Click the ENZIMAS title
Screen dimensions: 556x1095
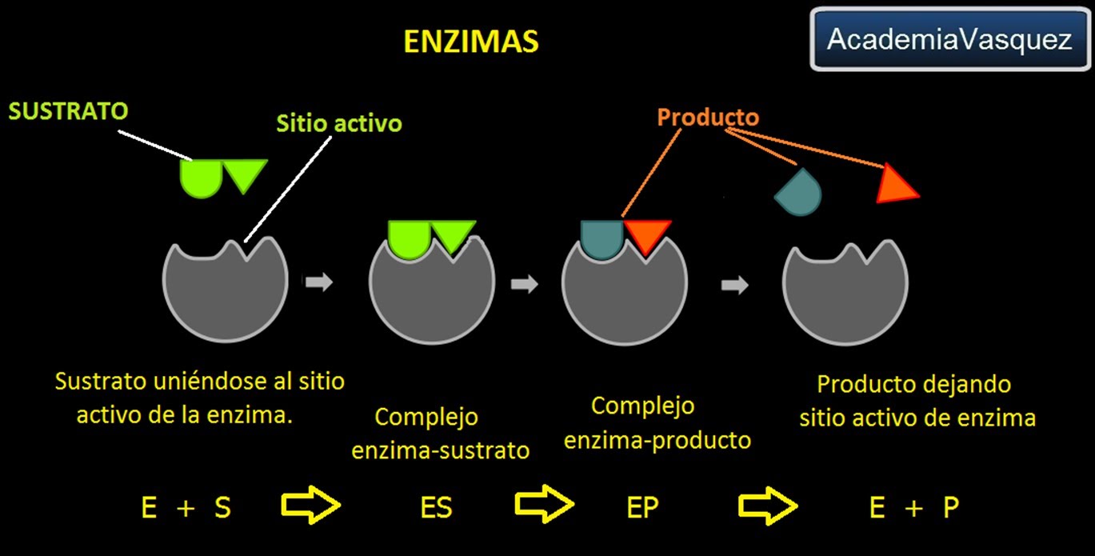[x=471, y=41]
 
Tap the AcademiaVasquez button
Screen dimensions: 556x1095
[x=949, y=39]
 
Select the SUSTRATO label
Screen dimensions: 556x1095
[x=69, y=110]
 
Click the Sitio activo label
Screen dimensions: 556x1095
[x=339, y=124]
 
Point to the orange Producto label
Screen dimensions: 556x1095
[x=708, y=118]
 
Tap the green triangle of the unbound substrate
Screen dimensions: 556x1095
[x=245, y=174]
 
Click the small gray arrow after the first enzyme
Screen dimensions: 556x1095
[x=318, y=282]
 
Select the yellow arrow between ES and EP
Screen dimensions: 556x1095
[x=544, y=504]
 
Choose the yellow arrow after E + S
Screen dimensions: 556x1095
[x=311, y=505]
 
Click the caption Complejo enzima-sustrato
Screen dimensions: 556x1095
[x=440, y=433]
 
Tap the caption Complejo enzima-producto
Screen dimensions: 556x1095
[x=657, y=423]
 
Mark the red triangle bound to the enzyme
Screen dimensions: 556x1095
[x=645, y=237]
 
